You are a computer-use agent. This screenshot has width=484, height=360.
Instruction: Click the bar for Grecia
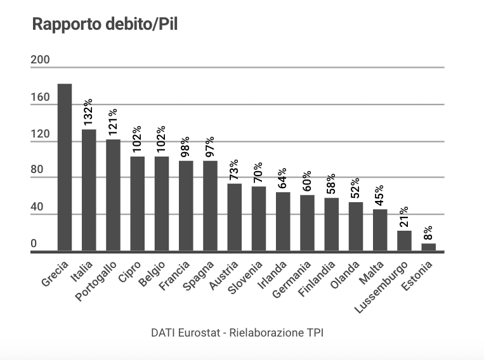pyautogui.click(x=65, y=168)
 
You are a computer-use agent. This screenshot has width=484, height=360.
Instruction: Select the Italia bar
pyautogui.click(x=89, y=190)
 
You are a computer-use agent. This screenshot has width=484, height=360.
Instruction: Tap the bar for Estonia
pyautogui.click(x=429, y=247)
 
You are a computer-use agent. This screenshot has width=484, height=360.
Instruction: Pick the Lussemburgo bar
pyautogui.click(x=404, y=241)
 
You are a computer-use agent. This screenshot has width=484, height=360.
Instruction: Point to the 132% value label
pyautogui.click(x=89, y=112)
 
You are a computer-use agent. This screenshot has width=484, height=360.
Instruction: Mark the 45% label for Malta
pyautogui.click(x=380, y=196)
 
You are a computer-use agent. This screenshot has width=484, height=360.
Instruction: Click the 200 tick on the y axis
pyautogui.click(x=40, y=60)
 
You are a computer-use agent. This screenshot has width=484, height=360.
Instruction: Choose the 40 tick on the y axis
pyautogui.click(x=38, y=207)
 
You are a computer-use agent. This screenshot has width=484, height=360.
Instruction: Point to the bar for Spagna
pyautogui.click(x=210, y=206)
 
